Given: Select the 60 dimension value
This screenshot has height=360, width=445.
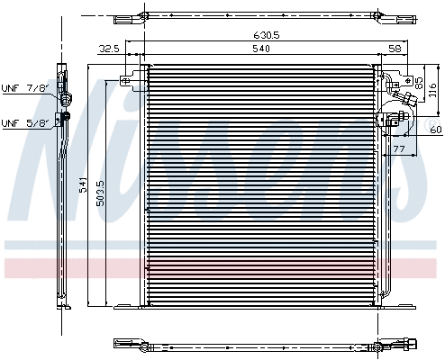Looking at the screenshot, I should [x=436, y=130].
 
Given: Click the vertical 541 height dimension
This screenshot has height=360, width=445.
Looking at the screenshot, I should [x=82, y=184].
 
